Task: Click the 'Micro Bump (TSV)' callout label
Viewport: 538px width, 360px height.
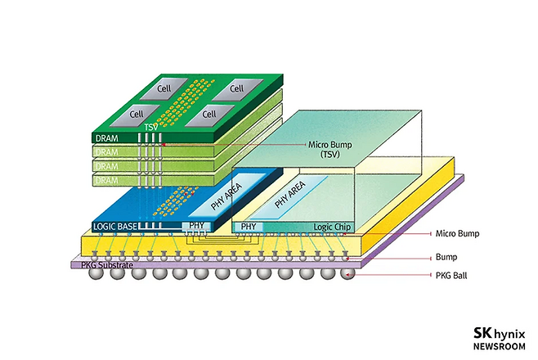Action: click(329, 149)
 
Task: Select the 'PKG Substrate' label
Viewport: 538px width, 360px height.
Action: click(100, 265)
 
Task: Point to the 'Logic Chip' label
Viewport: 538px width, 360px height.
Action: click(332, 227)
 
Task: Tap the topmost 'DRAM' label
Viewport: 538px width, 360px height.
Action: click(107, 138)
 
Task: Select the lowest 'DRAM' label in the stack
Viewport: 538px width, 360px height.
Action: click(107, 179)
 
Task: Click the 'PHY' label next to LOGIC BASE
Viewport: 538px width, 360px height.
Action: click(196, 225)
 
